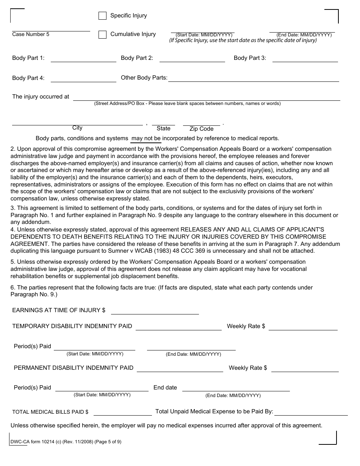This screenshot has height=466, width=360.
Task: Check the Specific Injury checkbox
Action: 102,16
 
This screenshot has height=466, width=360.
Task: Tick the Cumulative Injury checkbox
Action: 102,34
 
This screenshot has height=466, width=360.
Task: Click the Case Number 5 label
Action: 31,34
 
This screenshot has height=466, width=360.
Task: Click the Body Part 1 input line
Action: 83,58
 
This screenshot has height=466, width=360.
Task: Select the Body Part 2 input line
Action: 192,58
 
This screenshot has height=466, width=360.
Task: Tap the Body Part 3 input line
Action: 305,58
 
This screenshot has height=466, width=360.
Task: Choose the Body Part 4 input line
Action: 83,78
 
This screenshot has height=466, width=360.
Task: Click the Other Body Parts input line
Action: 254,78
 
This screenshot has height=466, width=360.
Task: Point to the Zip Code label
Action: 201,129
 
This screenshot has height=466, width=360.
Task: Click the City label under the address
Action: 77,128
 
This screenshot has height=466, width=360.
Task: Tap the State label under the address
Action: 163,128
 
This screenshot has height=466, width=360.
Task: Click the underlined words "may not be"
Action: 146,138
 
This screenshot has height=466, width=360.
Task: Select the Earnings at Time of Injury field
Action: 155,311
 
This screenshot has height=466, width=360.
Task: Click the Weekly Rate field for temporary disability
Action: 303,327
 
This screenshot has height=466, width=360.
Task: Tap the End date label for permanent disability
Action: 165,388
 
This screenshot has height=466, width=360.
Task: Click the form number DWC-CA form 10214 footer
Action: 67,441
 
